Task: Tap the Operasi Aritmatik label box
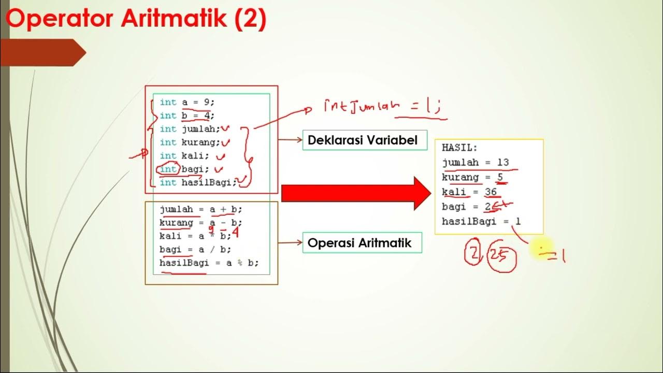[362, 242]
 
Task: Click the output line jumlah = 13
[475, 163]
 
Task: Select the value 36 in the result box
[491, 192]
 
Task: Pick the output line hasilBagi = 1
[481, 222]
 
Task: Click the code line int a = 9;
[187, 103]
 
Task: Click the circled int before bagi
[168, 169]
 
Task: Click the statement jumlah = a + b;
[201, 210]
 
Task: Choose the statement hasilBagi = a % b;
[209, 263]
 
